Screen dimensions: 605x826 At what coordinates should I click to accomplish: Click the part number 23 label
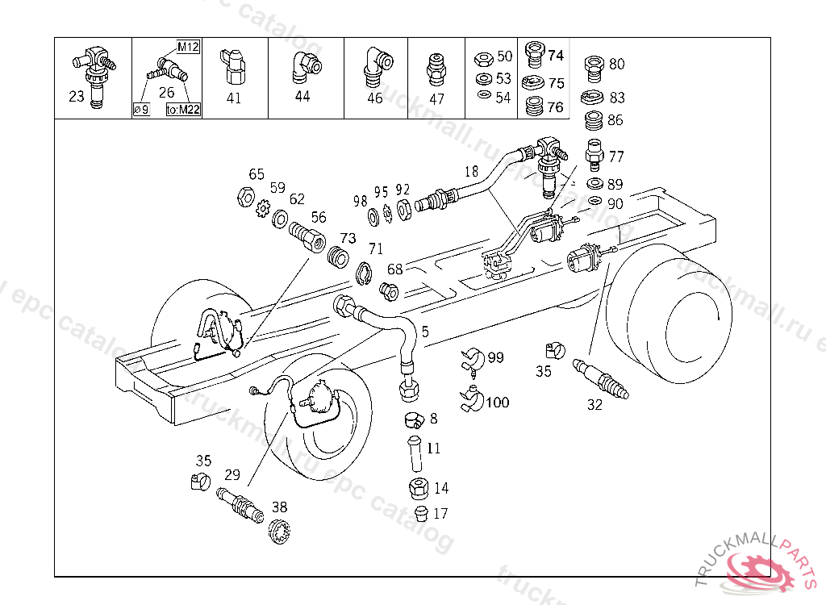[77, 97]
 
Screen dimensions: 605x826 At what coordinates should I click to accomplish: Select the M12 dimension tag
[188, 47]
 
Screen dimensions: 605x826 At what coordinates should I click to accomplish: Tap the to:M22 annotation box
[183, 111]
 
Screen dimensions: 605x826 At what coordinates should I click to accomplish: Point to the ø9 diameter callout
[141, 111]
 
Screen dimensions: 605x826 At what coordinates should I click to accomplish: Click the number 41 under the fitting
[233, 98]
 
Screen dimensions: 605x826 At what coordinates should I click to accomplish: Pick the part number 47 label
[436, 99]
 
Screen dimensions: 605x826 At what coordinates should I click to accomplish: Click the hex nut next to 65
[243, 196]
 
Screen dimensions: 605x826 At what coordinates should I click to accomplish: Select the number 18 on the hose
[472, 171]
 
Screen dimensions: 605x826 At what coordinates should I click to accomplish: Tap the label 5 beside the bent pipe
[425, 331]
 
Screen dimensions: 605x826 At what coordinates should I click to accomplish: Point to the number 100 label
[497, 402]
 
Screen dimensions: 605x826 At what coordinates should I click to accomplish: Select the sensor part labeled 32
[602, 379]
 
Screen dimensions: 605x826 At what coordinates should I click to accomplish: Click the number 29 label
[233, 475]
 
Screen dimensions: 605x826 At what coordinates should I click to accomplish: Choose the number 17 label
[440, 513]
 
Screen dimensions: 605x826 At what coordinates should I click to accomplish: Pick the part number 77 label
[616, 156]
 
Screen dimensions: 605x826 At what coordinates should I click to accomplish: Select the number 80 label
[616, 64]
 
